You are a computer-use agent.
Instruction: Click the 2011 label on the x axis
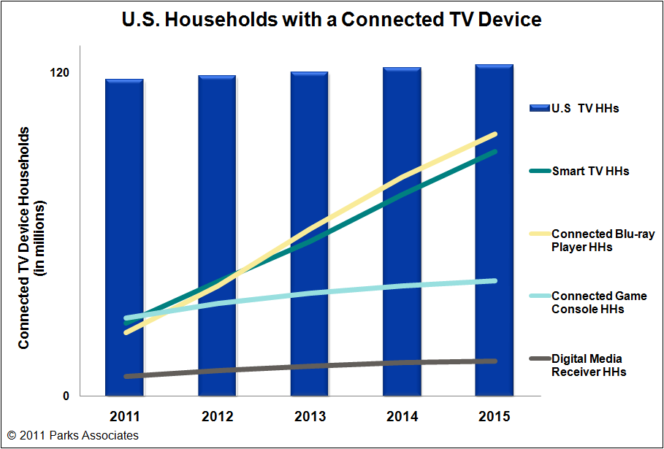click(124, 417)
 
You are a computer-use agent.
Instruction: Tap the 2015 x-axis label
click(495, 417)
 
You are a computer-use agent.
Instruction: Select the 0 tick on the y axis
click(65, 396)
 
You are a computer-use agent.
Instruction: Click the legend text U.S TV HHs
click(585, 108)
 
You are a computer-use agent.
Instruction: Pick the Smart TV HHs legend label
click(590, 171)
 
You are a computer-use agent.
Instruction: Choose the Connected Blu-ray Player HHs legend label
click(603, 240)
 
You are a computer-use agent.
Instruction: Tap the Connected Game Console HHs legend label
click(599, 302)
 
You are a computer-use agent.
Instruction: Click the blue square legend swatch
click(538, 108)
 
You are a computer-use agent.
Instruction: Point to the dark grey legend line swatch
click(538, 359)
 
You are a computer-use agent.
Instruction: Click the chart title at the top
click(332, 19)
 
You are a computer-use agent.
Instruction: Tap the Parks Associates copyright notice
click(72, 435)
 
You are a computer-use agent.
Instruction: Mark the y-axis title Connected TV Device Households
click(24, 237)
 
